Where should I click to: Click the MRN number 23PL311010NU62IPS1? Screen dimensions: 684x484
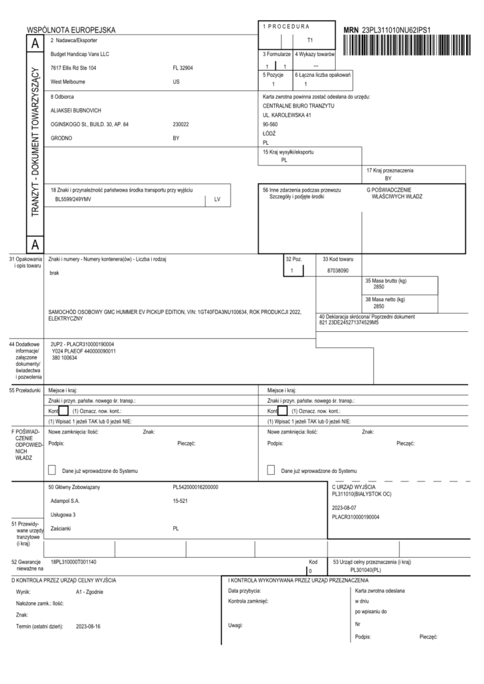(396, 30)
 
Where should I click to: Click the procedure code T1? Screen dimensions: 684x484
(310, 40)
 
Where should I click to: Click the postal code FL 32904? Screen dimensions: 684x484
(182, 68)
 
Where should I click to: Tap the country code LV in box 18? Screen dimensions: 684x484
(217, 199)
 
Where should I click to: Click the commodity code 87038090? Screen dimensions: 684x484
(339, 271)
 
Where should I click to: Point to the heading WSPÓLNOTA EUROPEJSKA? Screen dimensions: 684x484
(71, 30)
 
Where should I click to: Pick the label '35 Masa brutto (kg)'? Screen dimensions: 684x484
(386, 281)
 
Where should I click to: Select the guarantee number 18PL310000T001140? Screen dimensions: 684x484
(74, 562)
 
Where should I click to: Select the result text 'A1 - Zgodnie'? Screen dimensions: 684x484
(90, 592)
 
